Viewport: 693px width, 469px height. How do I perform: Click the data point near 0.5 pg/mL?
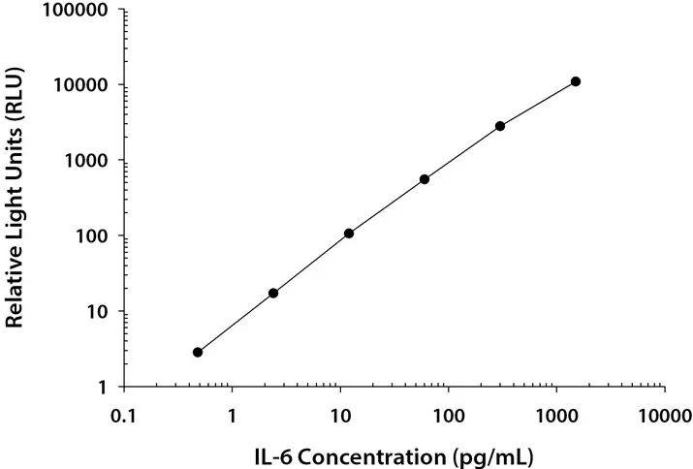(198, 352)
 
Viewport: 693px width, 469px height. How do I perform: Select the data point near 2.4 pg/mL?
(273, 293)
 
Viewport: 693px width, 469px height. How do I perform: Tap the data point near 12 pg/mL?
(349, 234)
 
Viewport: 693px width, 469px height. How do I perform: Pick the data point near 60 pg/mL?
(425, 179)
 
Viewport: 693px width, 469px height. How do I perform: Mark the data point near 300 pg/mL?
(500, 126)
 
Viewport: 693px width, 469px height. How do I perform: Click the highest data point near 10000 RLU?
(576, 81)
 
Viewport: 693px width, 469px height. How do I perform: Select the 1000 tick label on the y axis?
(88, 161)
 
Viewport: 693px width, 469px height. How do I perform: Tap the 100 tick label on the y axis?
(93, 236)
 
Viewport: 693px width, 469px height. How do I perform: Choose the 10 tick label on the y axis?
(98, 312)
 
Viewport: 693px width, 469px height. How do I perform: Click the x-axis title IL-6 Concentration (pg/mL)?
(394, 453)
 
